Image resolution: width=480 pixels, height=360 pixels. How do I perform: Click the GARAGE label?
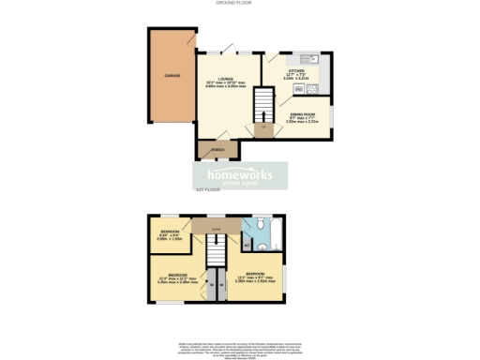pos(172,74)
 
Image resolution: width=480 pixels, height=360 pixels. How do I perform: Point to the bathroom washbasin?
pos(248,226)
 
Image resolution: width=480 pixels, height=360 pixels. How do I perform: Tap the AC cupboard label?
pos(247,245)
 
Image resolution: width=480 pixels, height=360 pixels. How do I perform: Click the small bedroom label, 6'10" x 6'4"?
pos(170,233)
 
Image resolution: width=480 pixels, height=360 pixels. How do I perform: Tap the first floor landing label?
pos(215,227)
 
